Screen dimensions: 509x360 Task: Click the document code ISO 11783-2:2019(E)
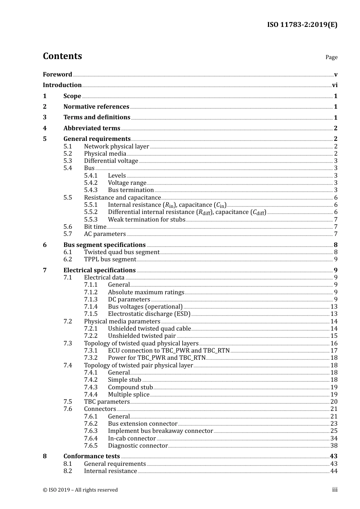(x=302, y=25)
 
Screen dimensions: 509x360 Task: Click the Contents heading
(x=62, y=56)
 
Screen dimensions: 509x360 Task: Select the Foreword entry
(x=57, y=75)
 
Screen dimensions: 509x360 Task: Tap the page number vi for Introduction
(x=335, y=85)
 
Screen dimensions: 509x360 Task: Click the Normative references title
(x=96, y=107)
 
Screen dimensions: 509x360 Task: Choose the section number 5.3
(x=67, y=161)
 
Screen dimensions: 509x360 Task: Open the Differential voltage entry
(x=111, y=161)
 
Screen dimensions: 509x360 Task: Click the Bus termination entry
(x=131, y=190)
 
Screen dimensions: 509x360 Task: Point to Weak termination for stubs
(x=147, y=220)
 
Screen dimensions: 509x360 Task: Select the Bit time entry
(x=95, y=227)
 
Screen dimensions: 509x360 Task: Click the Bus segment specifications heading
(x=104, y=245)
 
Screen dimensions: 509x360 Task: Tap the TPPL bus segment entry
(x=110, y=259)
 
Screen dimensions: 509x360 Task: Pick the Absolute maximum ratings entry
(x=146, y=292)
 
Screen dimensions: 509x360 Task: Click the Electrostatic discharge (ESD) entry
(x=149, y=314)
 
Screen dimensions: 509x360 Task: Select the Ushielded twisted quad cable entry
(x=149, y=329)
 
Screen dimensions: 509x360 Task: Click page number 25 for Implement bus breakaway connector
(x=334, y=431)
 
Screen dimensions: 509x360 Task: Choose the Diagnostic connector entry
(x=138, y=446)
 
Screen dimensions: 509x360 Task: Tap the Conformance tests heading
(x=92, y=456)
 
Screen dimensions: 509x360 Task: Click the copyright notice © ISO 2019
(x=80, y=490)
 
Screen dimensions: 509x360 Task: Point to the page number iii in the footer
(x=335, y=490)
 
